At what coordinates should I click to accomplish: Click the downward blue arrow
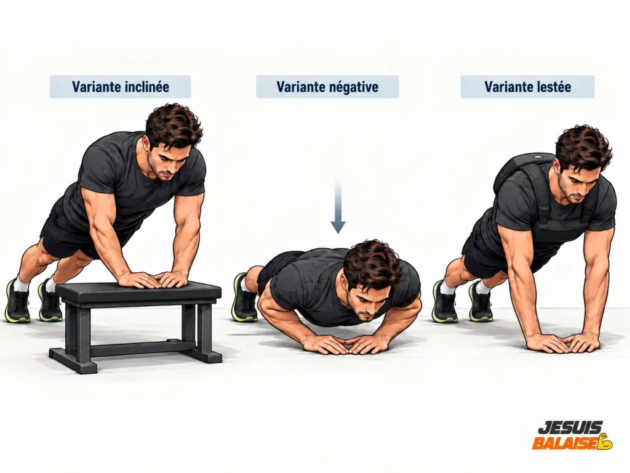(338, 206)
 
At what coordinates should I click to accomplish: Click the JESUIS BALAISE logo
(573, 435)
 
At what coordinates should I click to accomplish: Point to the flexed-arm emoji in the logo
(605, 442)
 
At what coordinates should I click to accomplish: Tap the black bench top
(138, 293)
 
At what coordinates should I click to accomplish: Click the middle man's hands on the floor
(346, 345)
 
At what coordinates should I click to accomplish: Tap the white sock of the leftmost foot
(21, 284)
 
